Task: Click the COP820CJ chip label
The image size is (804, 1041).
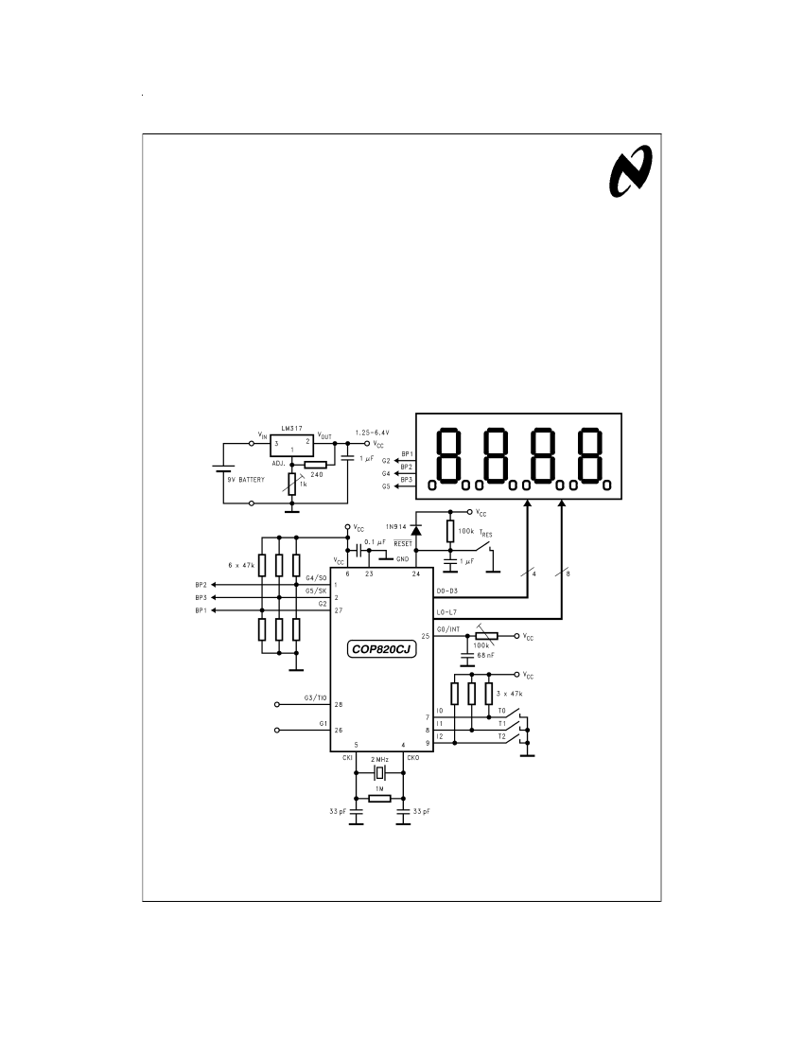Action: point(382,649)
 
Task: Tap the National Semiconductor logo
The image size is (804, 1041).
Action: point(631,172)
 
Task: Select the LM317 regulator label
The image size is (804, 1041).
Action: point(292,428)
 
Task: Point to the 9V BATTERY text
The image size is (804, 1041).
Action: point(245,480)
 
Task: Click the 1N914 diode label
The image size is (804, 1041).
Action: point(396,526)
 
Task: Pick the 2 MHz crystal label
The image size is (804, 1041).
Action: point(379,760)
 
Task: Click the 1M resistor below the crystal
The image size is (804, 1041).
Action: point(379,798)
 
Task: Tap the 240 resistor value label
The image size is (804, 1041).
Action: point(317,475)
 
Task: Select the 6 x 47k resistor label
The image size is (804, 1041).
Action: point(241,565)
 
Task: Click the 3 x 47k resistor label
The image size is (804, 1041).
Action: point(510,693)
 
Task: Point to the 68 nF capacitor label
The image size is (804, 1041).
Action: point(485,655)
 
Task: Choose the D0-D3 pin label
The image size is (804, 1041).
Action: point(447,591)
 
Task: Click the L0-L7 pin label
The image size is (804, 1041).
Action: point(446,612)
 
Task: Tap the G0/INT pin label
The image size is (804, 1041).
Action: point(448,629)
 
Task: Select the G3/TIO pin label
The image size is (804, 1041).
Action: point(315,697)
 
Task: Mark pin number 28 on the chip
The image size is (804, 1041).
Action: point(339,704)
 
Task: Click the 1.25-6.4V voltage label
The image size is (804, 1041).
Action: point(372,432)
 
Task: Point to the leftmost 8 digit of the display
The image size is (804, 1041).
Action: point(448,456)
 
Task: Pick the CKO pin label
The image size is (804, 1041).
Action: point(412,757)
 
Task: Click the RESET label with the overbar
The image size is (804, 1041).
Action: point(403,543)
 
